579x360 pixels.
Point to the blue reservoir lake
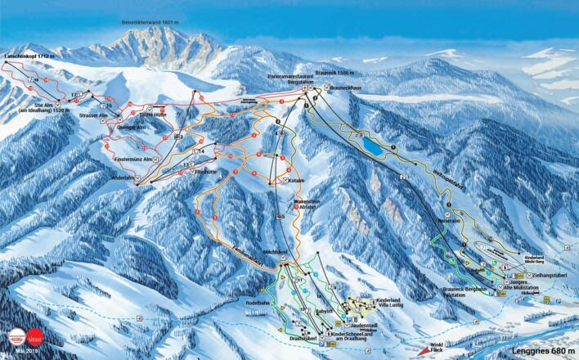click(x=372, y=146)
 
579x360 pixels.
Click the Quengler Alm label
click(x=129, y=128)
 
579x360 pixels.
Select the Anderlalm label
click(x=121, y=177)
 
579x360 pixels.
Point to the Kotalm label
click(x=295, y=179)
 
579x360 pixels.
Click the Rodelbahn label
click(x=258, y=301)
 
